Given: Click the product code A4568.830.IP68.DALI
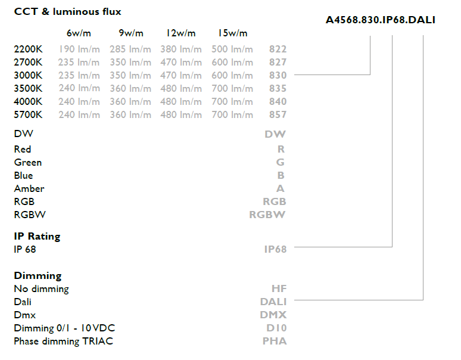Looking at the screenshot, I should click(x=380, y=20).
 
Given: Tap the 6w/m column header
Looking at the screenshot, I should click(x=78, y=33).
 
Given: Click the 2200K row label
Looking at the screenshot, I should click(x=29, y=49).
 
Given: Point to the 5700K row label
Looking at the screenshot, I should click(x=29, y=114).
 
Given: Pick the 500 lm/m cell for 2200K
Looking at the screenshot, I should click(x=232, y=49).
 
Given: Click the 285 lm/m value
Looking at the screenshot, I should click(x=130, y=49).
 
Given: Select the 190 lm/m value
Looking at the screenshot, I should click(x=79, y=49).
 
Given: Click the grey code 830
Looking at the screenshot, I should click(x=278, y=75).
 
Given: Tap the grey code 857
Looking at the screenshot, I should click(x=278, y=114).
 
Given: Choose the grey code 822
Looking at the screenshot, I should click(x=278, y=49).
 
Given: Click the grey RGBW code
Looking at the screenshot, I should click(x=267, y=215).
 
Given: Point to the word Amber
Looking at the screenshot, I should click(x=29, y=188).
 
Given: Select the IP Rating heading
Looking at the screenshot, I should click(x=37, y=236).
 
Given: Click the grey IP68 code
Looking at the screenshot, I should click(x=275, y=249).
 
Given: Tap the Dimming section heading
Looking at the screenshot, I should click(x=38, y=275).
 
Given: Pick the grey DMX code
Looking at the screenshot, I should click(x=273, y=315).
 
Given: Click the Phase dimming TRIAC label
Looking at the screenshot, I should click(x=63, y=341).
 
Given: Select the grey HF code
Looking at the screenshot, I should click(x=279, y=288).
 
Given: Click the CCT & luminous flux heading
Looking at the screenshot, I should click(x=67, y=11).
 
